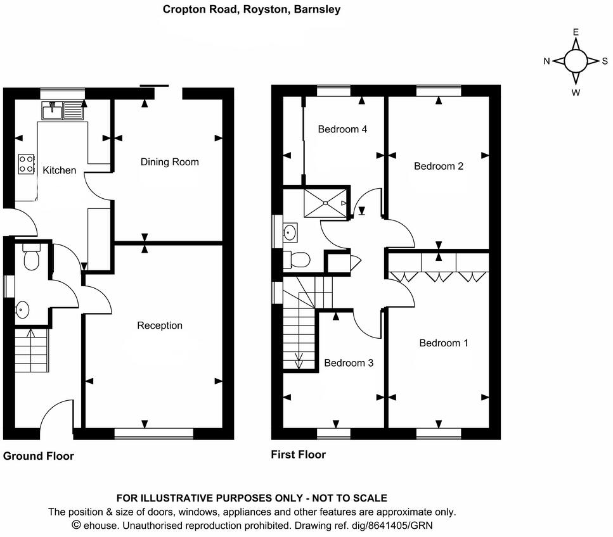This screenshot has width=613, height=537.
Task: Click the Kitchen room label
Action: coord(59,170)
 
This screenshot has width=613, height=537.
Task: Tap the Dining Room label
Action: coord(169,162)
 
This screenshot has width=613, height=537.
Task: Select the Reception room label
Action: coord(160,325)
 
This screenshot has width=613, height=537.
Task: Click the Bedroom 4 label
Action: coord(342,129)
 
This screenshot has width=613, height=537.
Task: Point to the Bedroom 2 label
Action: coord(439,167)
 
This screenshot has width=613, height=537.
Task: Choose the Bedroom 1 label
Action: coord(444,343)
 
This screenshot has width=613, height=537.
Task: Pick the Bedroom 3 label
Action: coord(349,363)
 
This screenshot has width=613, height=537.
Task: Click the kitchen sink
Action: coord(62,111)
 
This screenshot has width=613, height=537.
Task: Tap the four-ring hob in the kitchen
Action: coord(26,165)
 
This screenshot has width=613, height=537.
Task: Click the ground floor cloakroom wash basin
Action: coord(22,310)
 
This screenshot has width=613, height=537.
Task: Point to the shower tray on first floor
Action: coord(325,203)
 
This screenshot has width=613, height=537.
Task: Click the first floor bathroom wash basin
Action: coord(290,232)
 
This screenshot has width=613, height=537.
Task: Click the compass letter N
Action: coord(546,61)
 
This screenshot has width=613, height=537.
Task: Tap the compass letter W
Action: coord(576,92)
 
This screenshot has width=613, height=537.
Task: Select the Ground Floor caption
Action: coord(39,456)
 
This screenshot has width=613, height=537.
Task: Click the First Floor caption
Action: coord(298,455)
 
